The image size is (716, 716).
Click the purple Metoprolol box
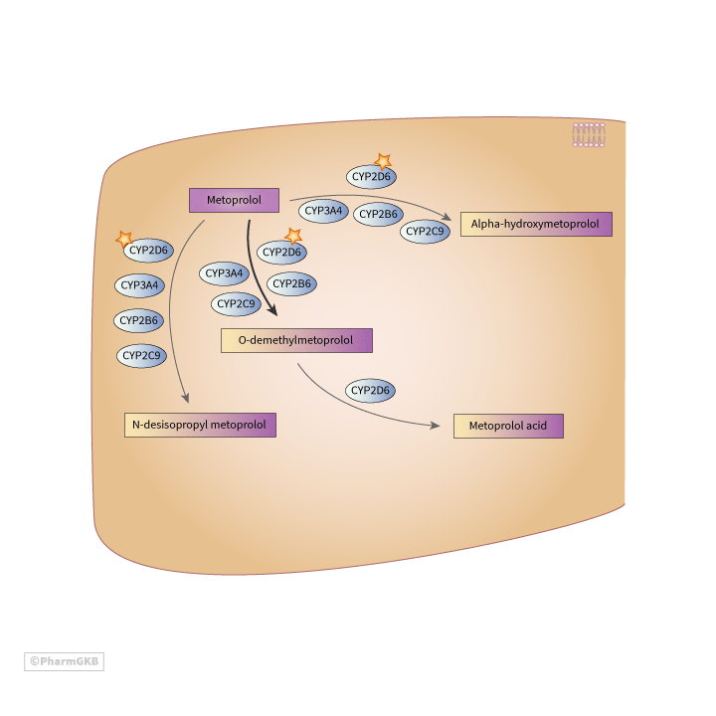coord(234,200)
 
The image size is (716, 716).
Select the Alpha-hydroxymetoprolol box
coord(536,225)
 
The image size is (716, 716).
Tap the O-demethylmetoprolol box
coord(296,340)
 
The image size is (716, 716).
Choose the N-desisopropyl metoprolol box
coord(200,425)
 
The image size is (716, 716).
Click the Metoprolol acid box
coord(508,426)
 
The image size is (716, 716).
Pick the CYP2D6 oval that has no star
coord(369,391)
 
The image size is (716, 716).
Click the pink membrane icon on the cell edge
coord(589,134)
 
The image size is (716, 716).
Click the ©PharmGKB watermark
coord(64,661)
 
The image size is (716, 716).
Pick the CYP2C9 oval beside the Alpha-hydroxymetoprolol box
coord(425,232)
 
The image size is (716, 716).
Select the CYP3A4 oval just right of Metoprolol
coord(323,211)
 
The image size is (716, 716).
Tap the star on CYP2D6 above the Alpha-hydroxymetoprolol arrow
coord(382,160)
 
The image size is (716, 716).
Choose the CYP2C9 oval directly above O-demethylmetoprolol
coord(236,303)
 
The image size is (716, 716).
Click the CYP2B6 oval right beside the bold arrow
coord(292,284)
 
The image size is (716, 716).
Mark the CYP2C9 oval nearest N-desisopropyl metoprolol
coord(141,354)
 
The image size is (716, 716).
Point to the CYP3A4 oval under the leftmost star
coord(140,286)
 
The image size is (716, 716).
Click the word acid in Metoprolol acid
coord(536,426)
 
